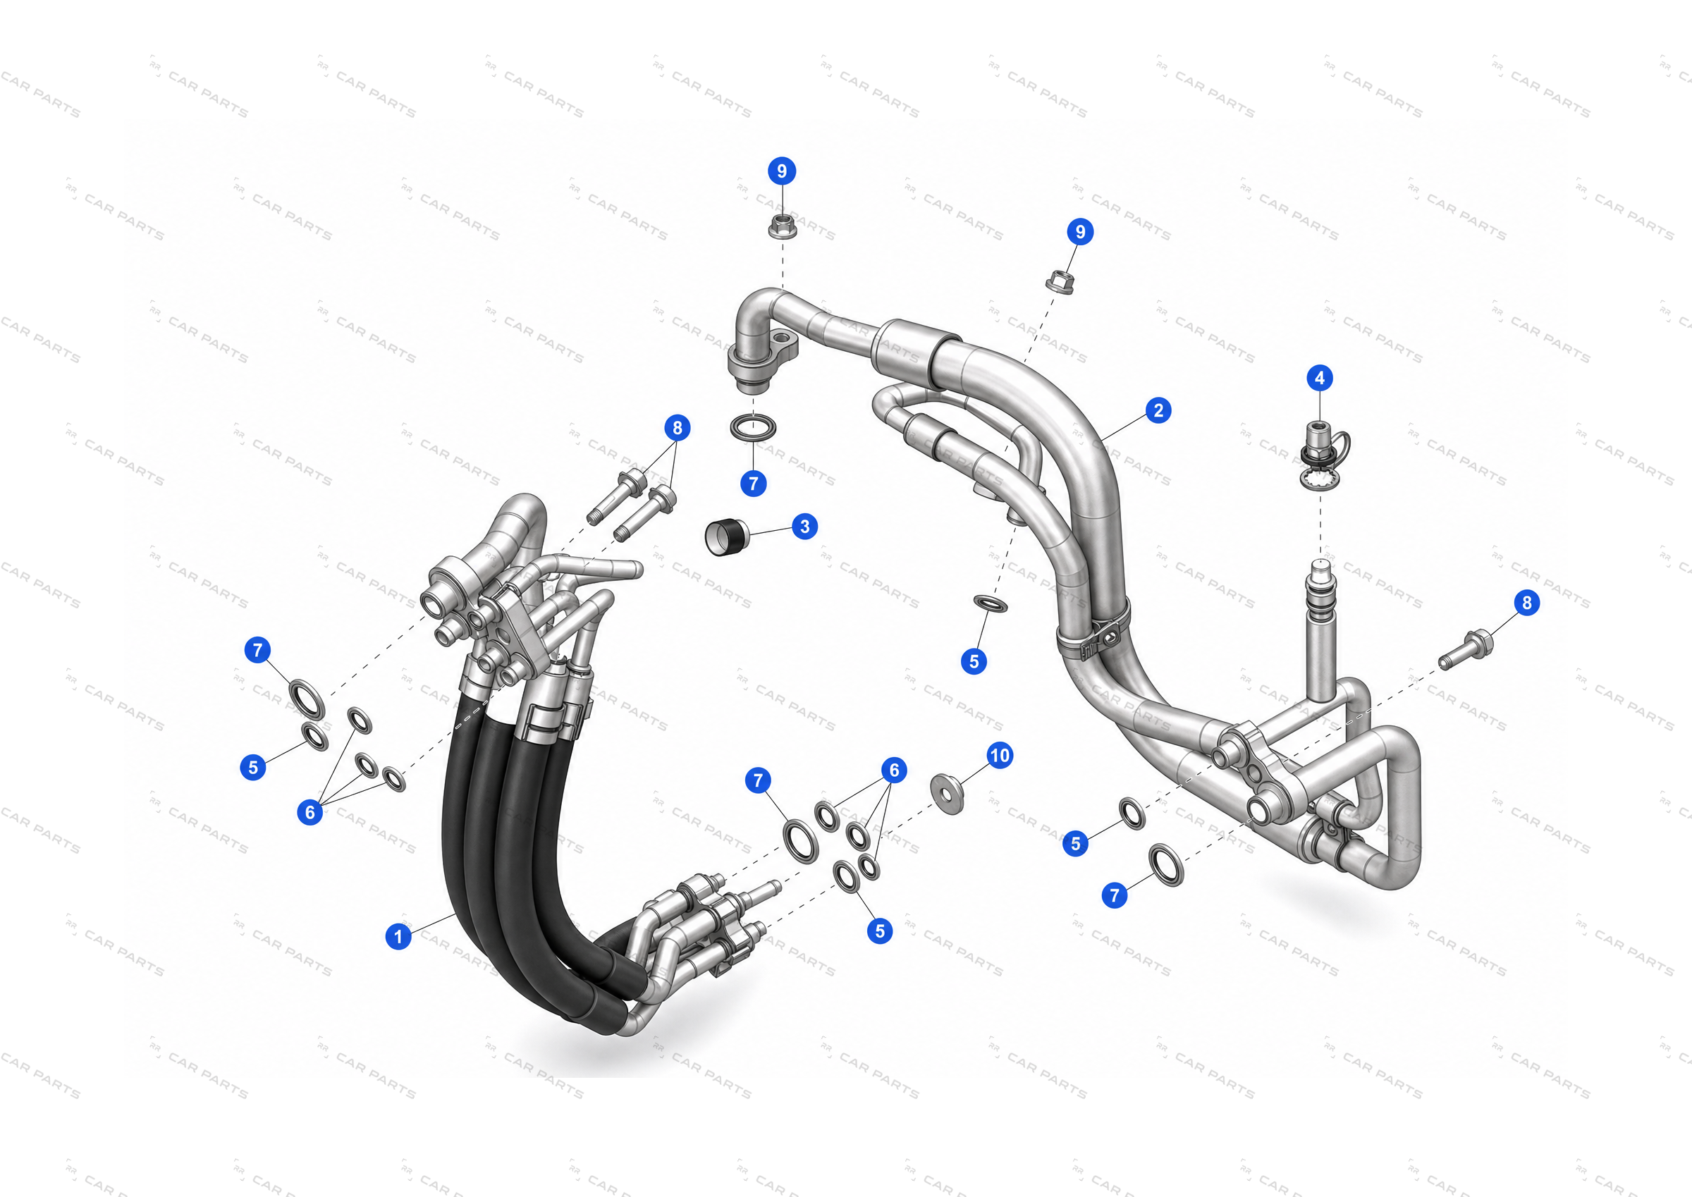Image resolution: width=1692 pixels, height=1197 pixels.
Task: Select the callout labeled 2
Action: tap(1158, 410)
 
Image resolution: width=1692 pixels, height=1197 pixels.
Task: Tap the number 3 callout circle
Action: tap(804, 527)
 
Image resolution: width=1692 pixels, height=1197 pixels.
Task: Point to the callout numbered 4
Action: tap(1320, 378)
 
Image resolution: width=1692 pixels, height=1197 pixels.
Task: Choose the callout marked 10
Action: tap(999, 755)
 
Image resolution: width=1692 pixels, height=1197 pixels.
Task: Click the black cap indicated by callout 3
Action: tap(728, 536)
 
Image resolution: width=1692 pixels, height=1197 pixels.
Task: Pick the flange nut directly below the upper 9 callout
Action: tap(782, 226)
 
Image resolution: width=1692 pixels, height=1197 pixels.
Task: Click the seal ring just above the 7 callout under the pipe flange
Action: tap(753, 426)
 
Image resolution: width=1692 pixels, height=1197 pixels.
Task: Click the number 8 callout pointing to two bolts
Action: tap(678, 427)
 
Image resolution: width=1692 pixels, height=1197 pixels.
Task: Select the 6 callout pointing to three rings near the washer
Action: tap(894, 771)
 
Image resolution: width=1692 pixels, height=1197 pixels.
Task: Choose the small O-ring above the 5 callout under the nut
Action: tap(991, 603)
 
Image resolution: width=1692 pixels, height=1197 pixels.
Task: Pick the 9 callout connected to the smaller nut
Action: tap(1080, 231)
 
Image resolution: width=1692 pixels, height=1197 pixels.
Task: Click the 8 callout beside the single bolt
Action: tap(1527, 602)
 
